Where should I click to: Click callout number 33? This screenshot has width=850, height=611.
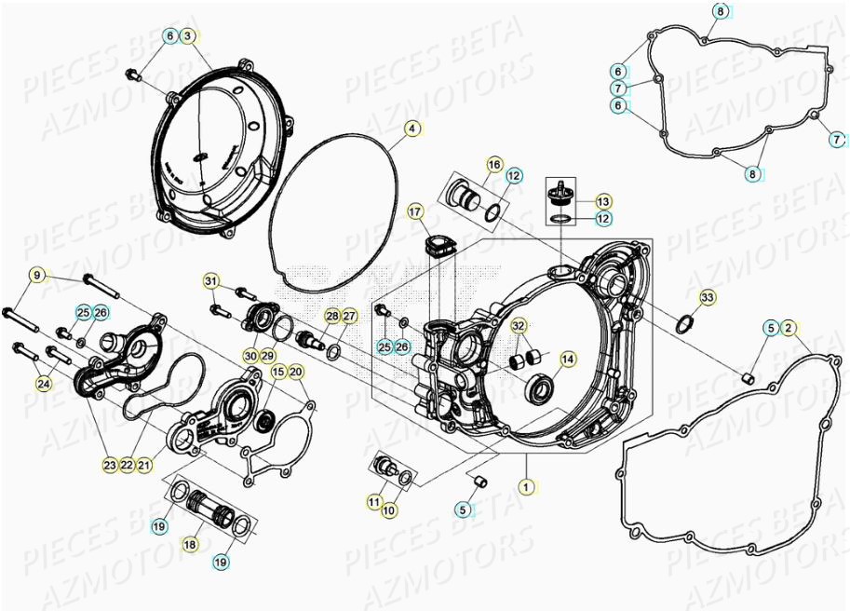click(x=708, y=298)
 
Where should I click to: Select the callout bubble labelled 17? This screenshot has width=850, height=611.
click(x=415, y=212)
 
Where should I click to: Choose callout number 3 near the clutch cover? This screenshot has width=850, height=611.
click(x=187, y=36)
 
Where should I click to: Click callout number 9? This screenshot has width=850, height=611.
click(x=37, y=275)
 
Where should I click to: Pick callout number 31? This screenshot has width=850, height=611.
click(x=211, y=282)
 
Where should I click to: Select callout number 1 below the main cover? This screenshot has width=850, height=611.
click(x=526, y=486)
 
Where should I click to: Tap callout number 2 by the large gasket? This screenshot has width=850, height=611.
click(x=789, y=327)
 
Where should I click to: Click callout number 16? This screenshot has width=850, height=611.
click(x=494, y=165)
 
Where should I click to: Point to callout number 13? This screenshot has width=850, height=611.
click(x=603, y=201)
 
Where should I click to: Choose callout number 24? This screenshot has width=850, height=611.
click(x=43, y=382)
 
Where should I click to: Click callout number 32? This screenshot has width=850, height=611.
click(x=519, y=326)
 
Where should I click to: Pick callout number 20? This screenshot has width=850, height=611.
click(x=296, y=372)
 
